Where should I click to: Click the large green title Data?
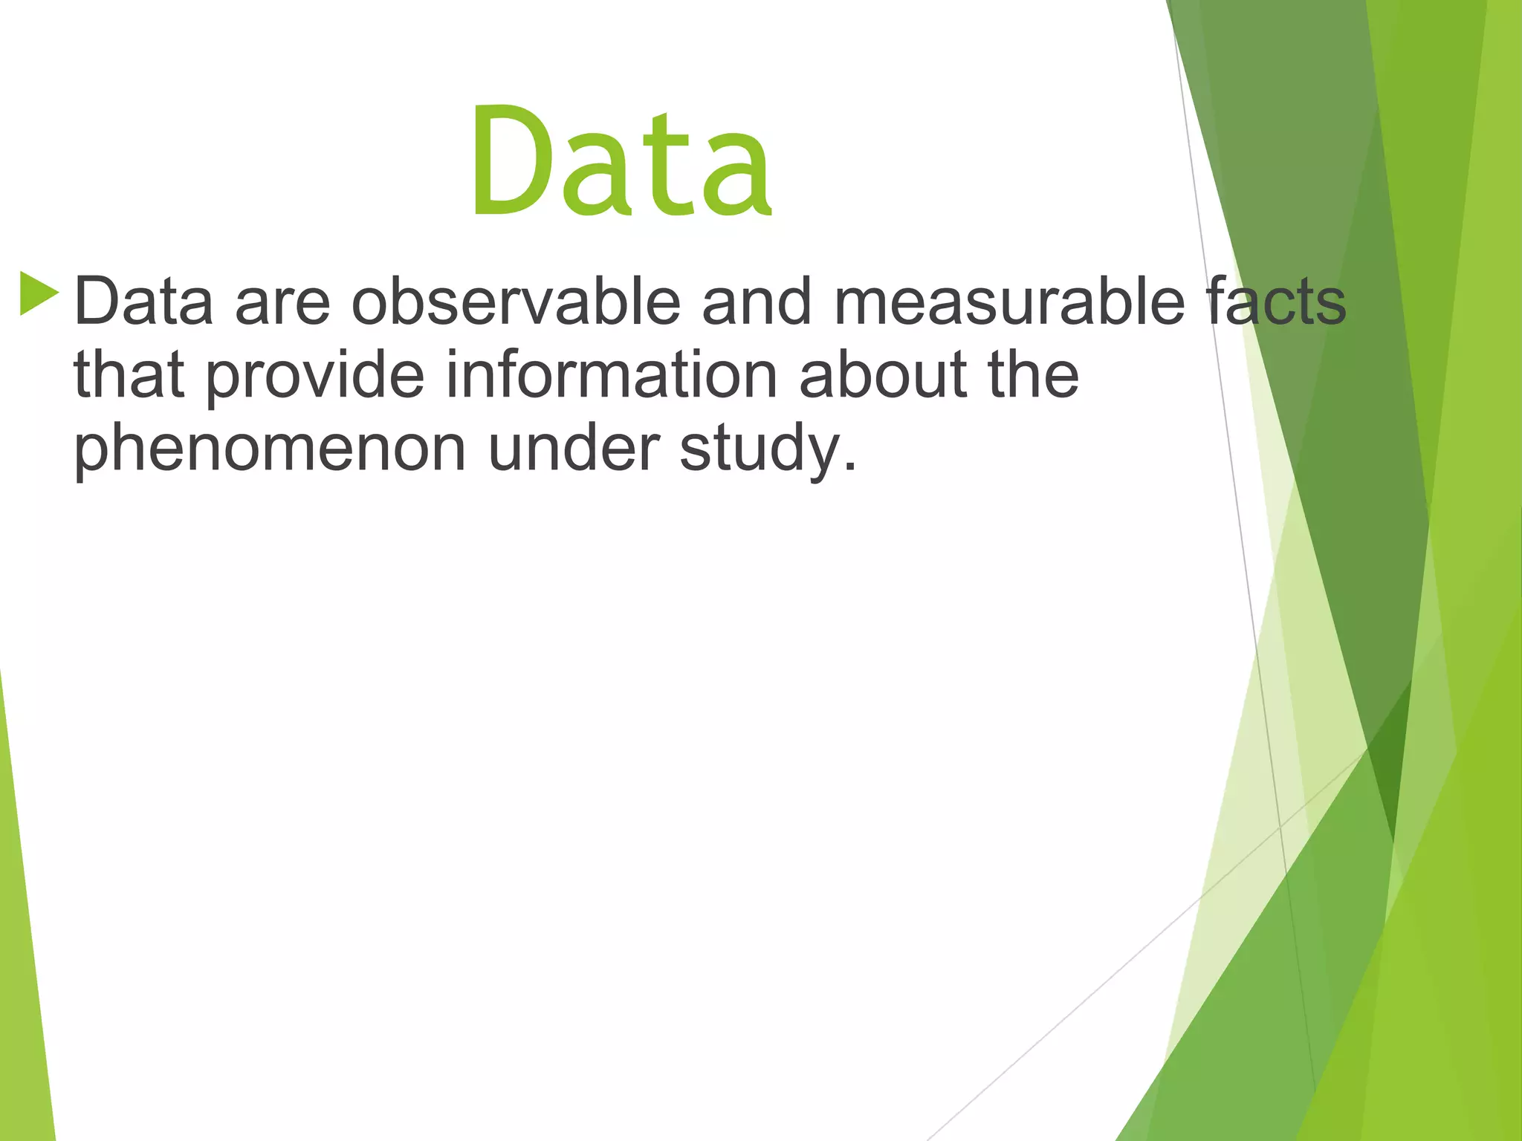tap(621, 163)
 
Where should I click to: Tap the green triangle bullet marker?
tap(39, 293)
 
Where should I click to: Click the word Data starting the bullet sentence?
tap(143, 301)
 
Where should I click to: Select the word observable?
tap(516, 301)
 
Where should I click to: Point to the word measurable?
tap(1009, 301)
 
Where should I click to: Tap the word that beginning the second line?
tap(129, 375)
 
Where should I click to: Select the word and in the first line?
tap(757, 301)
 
